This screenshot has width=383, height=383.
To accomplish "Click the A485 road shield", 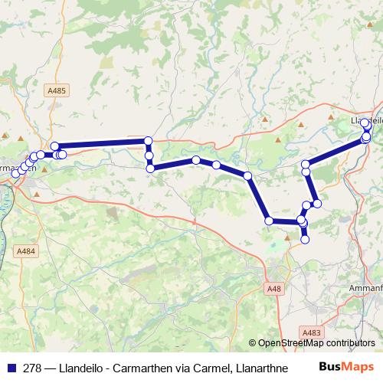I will pyautogui.click(x=57, y=90).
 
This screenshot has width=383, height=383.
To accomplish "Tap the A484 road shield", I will pyautogui.click(x=26, y=251).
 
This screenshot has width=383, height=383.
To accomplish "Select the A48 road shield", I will pyautogui.click(x=275, y=288).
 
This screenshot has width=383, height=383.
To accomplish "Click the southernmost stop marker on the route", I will pyautogui.click(x=305, y=240).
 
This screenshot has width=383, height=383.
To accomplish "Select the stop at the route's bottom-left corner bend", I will pyautogui.click(x=269, y=221).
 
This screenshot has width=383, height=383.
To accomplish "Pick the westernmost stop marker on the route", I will pyautogui.click(x=15, y=174).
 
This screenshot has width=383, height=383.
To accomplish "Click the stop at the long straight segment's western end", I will pyautogui.click(x=54, y=146).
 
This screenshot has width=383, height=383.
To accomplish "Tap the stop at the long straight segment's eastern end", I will pyautogui.click(x=149, y=140).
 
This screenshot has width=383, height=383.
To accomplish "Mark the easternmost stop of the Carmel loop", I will pyautogui.click(x=317, y=203).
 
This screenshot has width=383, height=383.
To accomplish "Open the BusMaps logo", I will pyautogui.click(x=345, y=367).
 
